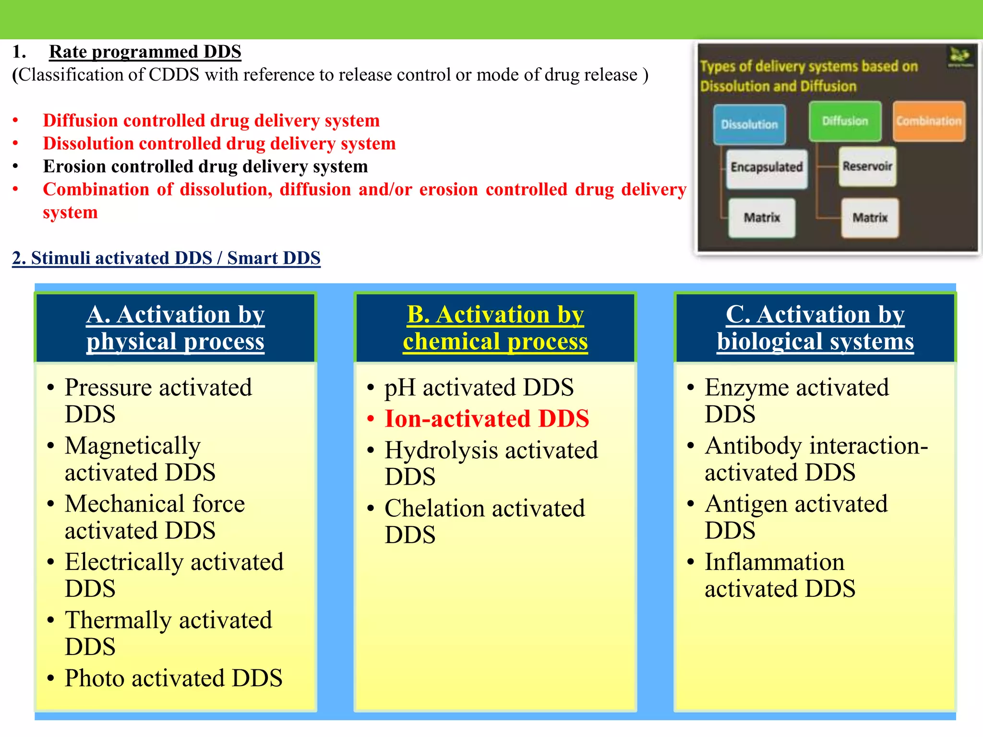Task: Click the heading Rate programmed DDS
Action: click(x=145, y=52)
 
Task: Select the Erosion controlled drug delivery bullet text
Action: click(x=205, y=166)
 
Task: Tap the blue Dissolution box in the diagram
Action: click(x=749, y=124)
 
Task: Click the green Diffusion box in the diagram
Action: click(x=845, y=121)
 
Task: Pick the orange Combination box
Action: click(x=929, y=121)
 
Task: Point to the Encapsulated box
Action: click(x=767, y=167)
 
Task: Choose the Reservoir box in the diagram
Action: click(x=867, y=166)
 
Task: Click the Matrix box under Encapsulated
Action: click(x=762, y=218)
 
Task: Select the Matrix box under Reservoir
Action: click(x=870, y=218)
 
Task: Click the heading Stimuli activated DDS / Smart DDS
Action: click(x=166, y=258)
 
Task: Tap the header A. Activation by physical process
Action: click(x=176, y=328)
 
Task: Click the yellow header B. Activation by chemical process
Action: click(x=495, y=328)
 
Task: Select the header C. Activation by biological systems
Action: click(x=815, y=328)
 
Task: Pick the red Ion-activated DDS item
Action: click(x=487, y=418)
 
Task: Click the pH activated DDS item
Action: click(x=479, y=387)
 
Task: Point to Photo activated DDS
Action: click(x=173, y=678)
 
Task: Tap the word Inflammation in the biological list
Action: click(x=774, y=562)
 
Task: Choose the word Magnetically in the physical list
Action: click(x=132, y=446)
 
